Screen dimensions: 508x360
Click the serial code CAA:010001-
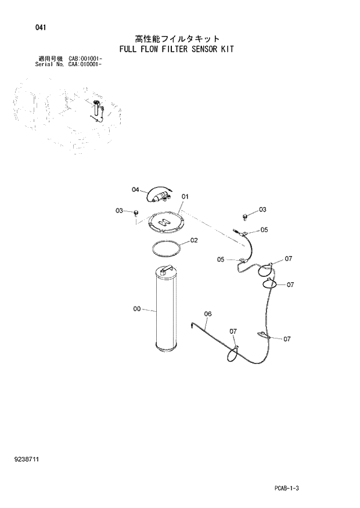(86, 65)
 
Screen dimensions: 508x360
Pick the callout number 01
(185, 197)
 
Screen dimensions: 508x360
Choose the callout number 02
(194, 240)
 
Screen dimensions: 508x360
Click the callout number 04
(135, 189)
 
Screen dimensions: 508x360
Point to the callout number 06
(208, 314)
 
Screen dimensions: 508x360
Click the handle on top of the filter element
(168, 268)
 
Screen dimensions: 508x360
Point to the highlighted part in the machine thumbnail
(95, 107)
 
